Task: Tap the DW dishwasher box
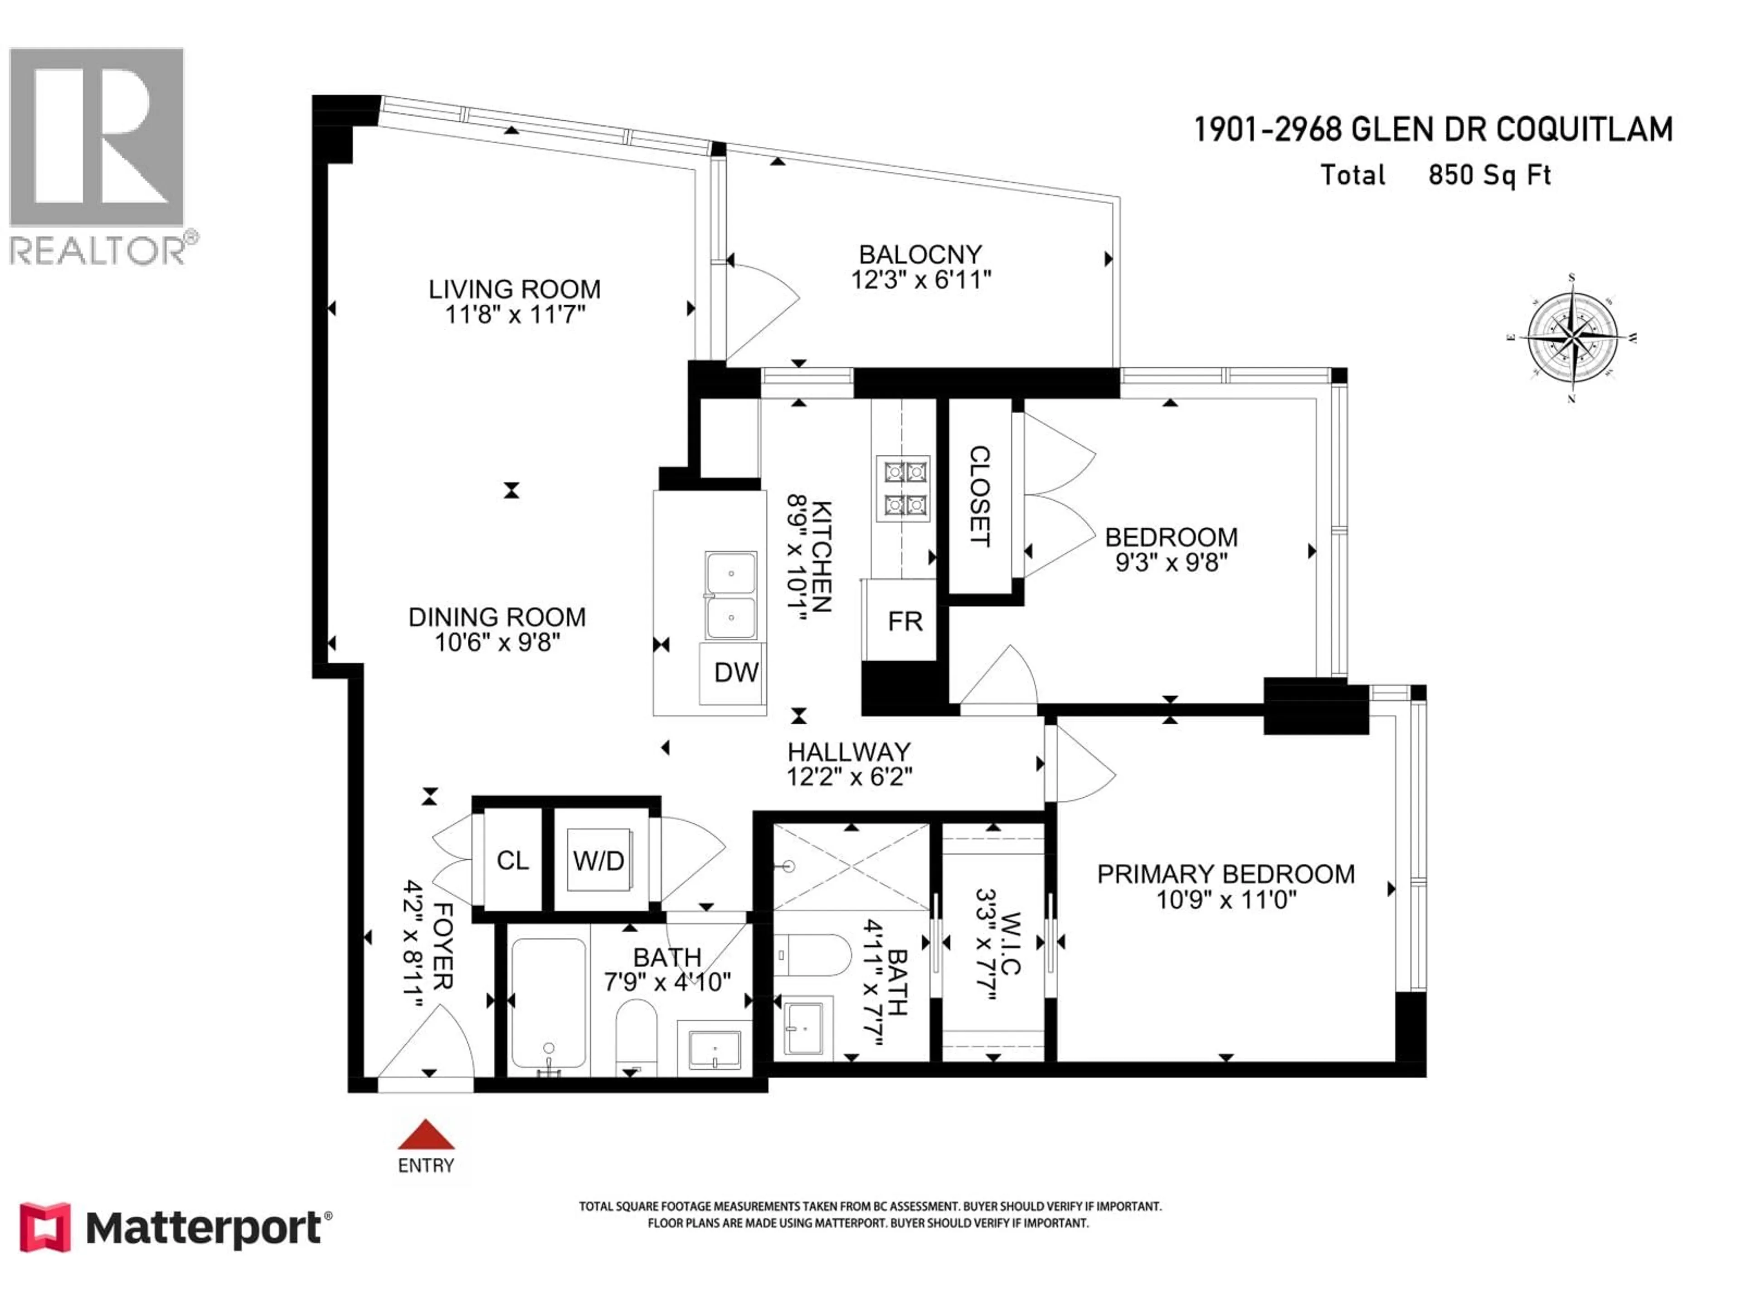[x=735, y=673]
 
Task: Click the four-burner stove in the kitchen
[x=903, y=488]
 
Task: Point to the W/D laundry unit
[x=599, y=860]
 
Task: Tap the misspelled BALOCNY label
[x=920, y=254]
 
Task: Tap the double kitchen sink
[x=730, y=595]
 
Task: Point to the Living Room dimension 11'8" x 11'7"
[x=515, y=315]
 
